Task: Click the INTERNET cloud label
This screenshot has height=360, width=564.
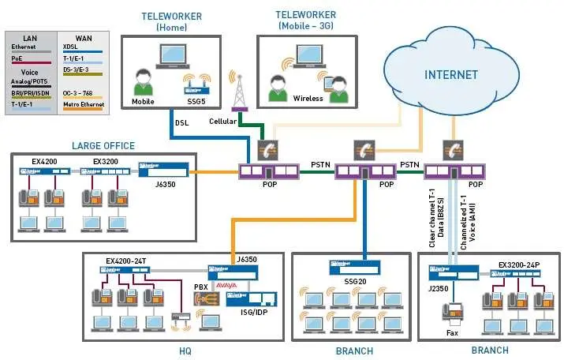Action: pos(451,75)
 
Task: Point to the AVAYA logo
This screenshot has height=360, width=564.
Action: pos(238,285)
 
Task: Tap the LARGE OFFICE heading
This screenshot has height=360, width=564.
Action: pos(103,145)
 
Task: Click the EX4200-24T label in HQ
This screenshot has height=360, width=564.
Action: pos(128,260)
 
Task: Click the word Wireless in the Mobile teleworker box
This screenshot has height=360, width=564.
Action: pos(308,99)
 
